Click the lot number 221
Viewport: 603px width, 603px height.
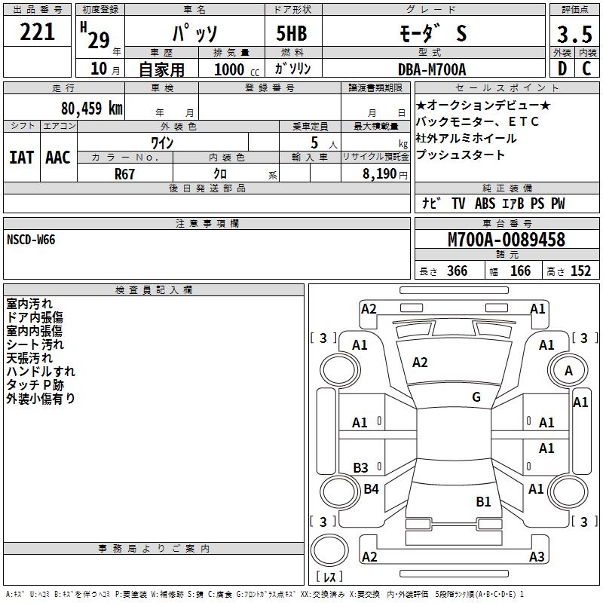coord(38,32)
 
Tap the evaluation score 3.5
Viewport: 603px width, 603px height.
coord(574,35)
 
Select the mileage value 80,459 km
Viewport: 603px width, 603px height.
coord(91,108)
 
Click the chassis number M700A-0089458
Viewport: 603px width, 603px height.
coord(506,240)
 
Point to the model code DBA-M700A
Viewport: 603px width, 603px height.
coord(432,69)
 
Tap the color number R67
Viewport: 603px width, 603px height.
coord(126,173)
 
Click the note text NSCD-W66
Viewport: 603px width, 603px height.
coord(31,240)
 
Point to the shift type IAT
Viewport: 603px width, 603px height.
coord(21,157)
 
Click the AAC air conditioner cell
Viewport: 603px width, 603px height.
coord(58,157)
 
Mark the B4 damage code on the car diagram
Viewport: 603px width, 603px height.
coord(371,489)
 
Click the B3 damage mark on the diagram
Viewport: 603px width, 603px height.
coord(360,468)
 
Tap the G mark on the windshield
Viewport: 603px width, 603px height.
coord(476,397)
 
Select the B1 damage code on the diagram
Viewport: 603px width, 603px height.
coord(483,501)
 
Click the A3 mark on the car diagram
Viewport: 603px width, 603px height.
coord(536,557)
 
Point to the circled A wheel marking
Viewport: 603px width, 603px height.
coord(568,370)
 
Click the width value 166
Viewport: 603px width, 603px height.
coord(520,271)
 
